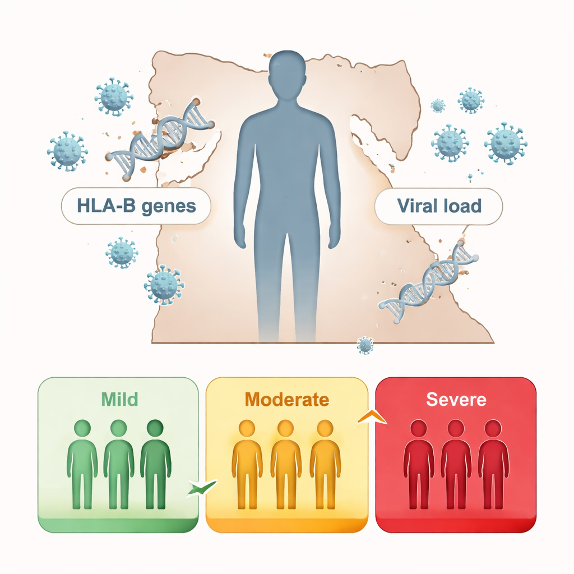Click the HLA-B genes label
(136, 206)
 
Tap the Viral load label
(439, 206)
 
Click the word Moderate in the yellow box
(286, 400)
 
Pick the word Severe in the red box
(456, 400)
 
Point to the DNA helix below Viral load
(429, 281)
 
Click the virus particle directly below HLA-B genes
(122, 252)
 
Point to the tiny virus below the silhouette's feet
(365, 345)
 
